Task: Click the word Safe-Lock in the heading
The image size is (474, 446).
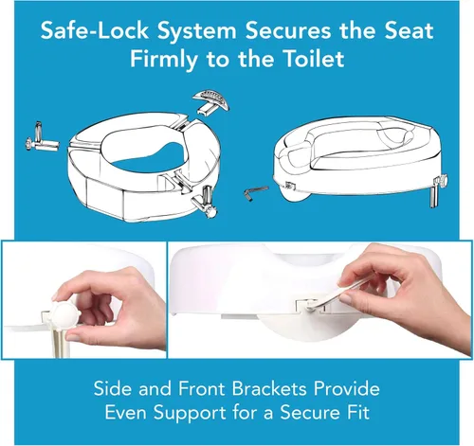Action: [x=94, y=30]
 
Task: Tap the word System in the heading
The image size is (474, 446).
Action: [x=197, y=31]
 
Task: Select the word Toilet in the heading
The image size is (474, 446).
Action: [x=315, y=59]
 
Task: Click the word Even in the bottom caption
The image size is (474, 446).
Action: [x=126, y=412]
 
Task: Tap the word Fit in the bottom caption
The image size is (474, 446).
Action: [x=358, y=412]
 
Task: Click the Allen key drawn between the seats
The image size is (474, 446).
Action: [x=255, y=193]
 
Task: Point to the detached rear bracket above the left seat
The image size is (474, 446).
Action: [x=210, y=101]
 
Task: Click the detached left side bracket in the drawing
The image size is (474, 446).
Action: [x=42, y=140]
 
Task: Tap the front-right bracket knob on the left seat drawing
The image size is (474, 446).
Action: [x=207, y=204]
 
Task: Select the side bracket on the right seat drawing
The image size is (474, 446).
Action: [x=439, y=189]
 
